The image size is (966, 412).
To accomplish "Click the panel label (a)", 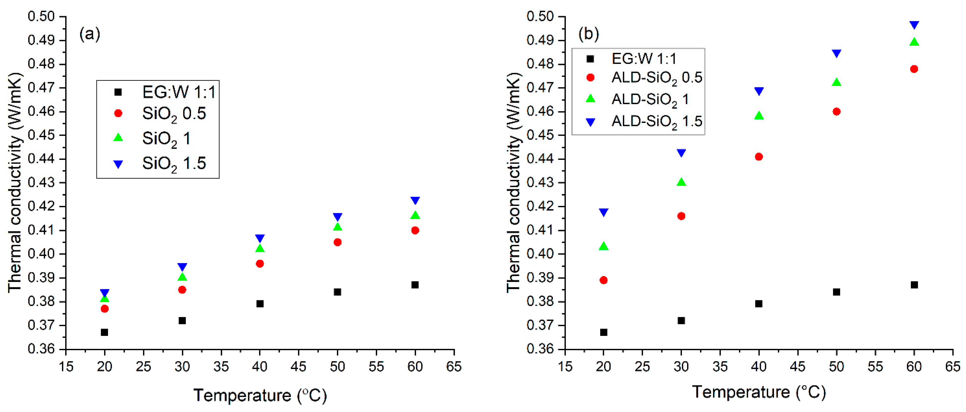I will [x=90, y=35].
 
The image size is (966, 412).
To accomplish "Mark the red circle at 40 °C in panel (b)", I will [x=759, y=157].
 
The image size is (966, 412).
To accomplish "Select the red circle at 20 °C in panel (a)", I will [x=105, y=309].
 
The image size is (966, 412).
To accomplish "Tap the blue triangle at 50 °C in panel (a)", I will [x=337, y=217].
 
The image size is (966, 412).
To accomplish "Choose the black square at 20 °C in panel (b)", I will [x=603, y=332].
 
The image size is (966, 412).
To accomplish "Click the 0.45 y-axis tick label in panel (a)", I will [x=41, y=135].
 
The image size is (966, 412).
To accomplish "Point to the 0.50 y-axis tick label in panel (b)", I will [x=540, y=16].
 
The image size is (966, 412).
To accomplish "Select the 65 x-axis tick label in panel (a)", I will [x=454, y=367].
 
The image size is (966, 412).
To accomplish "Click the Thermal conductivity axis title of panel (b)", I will [x=514, y=182].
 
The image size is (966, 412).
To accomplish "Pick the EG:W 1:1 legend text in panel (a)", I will [x=179, y=92].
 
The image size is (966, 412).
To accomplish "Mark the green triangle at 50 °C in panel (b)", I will [x=836, y=82].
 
